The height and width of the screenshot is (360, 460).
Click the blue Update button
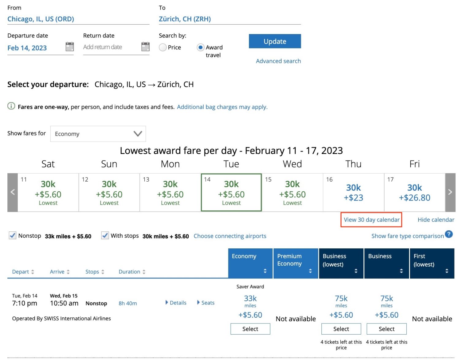[x=274, y=41]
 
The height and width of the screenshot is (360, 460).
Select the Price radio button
[x=163, y=48]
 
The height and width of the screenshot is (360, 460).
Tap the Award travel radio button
[x=201, y=48]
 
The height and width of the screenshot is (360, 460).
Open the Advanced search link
[x=278, y=61]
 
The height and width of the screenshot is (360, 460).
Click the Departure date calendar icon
[x=70, y=47]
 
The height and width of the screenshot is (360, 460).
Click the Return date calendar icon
[x=145, y=47]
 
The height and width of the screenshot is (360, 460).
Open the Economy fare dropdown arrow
[x=138, y=134]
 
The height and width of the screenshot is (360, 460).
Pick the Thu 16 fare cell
[x=353, y=193]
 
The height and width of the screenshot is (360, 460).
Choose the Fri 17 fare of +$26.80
[x=414, y=193]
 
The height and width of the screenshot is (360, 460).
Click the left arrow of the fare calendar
[x=13, y=192]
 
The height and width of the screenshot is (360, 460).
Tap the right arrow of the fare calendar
[x=450, y=192]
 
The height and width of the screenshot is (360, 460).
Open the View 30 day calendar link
[x=371, y=220]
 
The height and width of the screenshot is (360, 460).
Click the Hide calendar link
[x=436, y=220]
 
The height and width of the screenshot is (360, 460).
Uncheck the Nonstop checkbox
[x=13, y=236]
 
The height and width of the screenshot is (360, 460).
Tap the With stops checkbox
[x=105, y=236]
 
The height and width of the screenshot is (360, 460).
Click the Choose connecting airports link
[x=230, y=236]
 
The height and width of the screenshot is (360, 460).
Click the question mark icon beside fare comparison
[x=449, y=234]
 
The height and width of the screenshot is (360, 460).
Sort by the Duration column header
[x=132, y=272]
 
